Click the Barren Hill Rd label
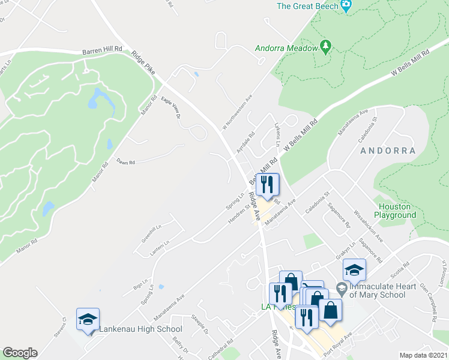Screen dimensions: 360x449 click(102, 50)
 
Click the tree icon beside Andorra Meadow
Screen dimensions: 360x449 click(325, 46)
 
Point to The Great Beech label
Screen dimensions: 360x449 click(307, 7)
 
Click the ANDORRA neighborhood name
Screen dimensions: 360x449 click(388, 151)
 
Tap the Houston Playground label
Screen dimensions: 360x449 click(393, 210)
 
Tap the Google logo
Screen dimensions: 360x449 click(19, 353)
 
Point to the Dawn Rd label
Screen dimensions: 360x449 click(126, 162)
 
